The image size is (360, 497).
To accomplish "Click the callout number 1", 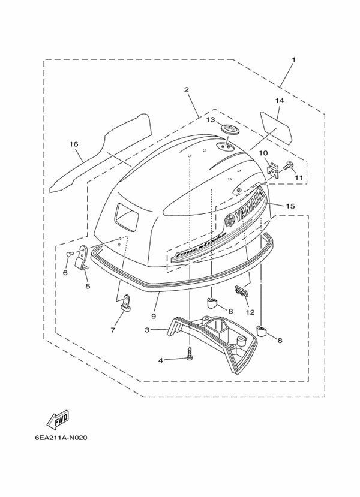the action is point(294,59).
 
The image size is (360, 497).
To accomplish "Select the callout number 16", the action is point(74,144).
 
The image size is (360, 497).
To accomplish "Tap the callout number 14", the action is point(280,101).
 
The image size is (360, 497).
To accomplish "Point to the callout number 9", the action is point(154,316).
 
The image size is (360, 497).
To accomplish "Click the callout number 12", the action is point(250,312).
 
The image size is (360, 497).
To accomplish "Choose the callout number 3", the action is point(147,330).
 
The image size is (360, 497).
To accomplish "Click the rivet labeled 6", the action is point(70,253).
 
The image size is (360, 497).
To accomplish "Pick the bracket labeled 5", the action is point(82,258).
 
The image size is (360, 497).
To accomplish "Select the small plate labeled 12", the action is point(242,291).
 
